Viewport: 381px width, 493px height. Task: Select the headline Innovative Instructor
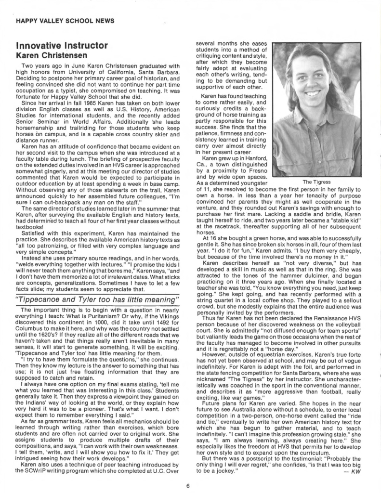click(x=62, y=46)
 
